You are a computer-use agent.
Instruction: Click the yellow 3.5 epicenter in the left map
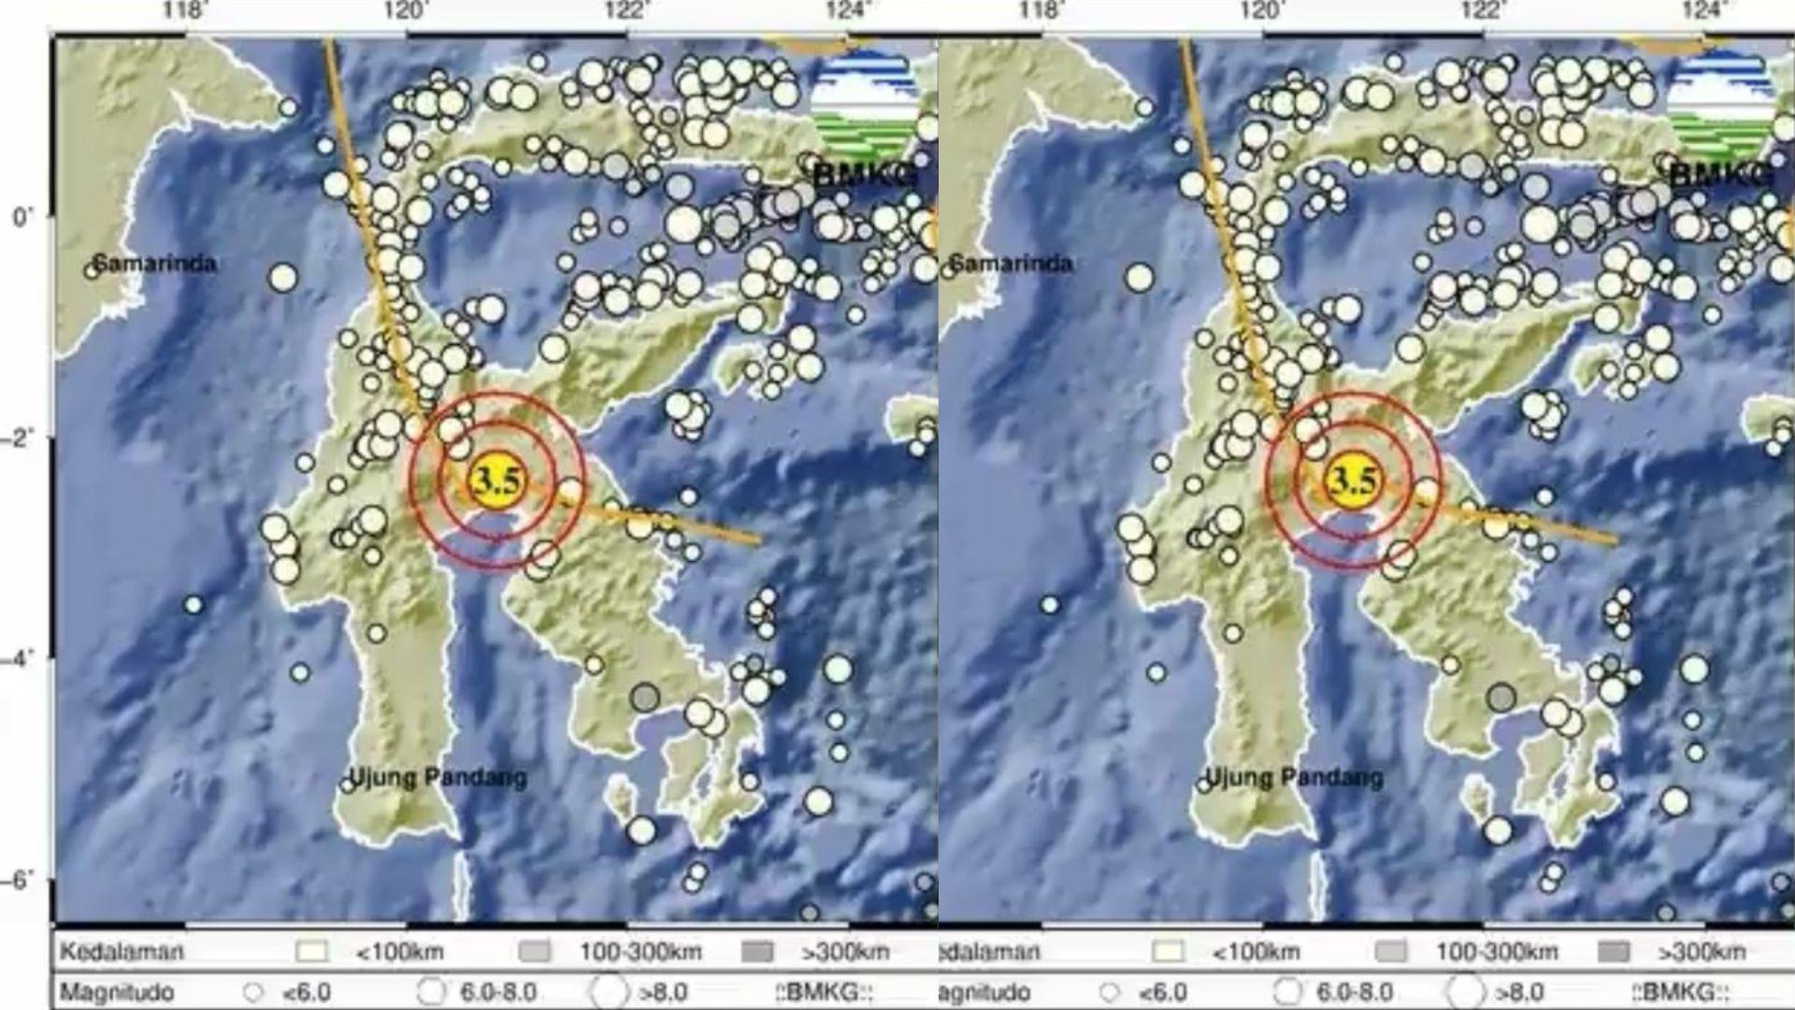pos(495,481)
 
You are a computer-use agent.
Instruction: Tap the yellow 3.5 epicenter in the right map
pos(1352,481)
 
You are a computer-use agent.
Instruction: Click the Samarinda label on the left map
pos(154,264)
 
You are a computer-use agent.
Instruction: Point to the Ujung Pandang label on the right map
pos(1294,777)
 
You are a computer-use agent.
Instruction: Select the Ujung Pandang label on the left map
pos(438,777)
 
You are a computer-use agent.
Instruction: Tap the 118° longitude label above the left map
pos(185,11)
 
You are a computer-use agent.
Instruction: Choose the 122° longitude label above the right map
pos(1483,11)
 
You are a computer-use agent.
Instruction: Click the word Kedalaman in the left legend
pos(122,952)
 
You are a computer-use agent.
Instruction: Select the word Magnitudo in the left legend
pos(117,991)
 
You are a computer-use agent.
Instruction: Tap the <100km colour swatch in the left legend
pos(312,952)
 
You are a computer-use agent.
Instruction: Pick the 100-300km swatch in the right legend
pos(1391,952)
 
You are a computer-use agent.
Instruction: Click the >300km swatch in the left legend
pos(757,952)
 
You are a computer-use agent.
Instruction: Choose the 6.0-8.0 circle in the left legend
pos(432,991)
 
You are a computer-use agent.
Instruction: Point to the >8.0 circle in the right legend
pos(1464,991)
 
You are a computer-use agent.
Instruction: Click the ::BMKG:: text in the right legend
pos(1680,991)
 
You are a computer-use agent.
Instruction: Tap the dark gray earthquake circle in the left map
pos(644,698)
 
